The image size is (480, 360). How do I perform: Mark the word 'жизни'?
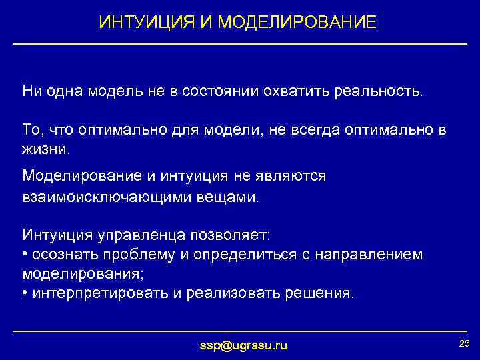click(45, 149)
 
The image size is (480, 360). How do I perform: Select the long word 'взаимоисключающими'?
click(97, 198)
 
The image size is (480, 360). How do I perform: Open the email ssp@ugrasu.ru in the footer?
click(244, 345)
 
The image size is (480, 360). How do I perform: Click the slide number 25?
click(465, 343)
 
